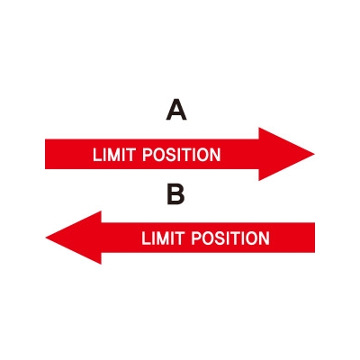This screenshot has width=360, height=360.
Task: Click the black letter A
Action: pos(176,111)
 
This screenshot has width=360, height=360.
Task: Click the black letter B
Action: pos(175,194)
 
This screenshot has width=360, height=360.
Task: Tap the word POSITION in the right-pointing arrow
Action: pos(181,155)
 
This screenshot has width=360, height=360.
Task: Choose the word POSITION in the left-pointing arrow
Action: pos(230,238)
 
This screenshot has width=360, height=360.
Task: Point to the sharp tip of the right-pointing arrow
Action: pos(314,154)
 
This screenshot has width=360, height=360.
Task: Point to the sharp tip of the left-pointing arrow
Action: pos(46,238)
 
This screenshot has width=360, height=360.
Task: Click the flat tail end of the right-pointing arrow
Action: pos(45,154)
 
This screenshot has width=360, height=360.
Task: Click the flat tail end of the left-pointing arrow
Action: pos(315,238)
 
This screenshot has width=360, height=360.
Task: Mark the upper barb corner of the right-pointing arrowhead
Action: pos(259,128)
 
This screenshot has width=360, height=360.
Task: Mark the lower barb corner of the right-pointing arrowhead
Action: pos(259,181)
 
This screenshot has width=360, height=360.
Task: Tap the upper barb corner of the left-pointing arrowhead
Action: pos(101,211)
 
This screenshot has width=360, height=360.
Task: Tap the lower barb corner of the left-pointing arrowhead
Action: pos(101,264)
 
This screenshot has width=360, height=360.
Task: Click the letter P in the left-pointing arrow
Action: pos(195,238)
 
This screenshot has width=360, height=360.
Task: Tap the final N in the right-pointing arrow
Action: pos(215,155)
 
